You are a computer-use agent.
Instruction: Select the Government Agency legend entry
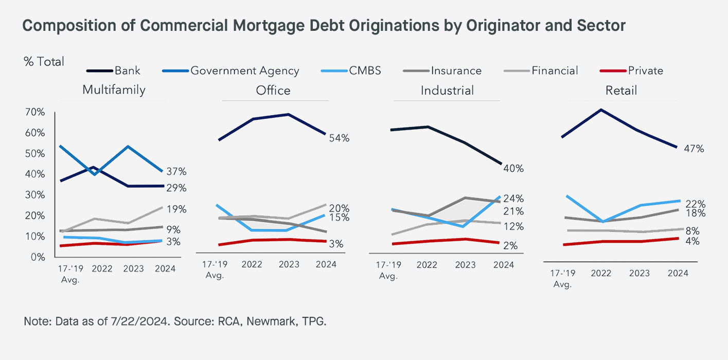[x=244, y=70]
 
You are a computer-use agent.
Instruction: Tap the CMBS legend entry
[x=364, y=70]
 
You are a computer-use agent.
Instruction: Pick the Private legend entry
[x=645, y=70]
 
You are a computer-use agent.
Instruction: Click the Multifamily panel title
[x=114, y=90]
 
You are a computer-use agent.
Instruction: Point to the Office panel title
[x=273, y=91]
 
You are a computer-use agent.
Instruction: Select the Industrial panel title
[x=447, y=91]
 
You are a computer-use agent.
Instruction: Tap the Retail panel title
[x=622, y=91]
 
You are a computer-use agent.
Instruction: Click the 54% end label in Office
[x=340, y=138]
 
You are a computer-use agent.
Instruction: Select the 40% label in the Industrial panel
[x=513, y=169]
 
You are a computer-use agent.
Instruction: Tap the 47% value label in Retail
[x=694, y=149]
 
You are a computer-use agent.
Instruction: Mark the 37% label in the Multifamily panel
[x=175, y=171]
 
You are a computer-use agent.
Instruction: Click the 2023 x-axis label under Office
[x=289, y=264]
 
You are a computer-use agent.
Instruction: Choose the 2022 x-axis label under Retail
[x=601, y=273]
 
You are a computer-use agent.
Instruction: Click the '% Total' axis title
[x=44, y=62]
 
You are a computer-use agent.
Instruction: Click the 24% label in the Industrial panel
[x=513, y=199]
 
